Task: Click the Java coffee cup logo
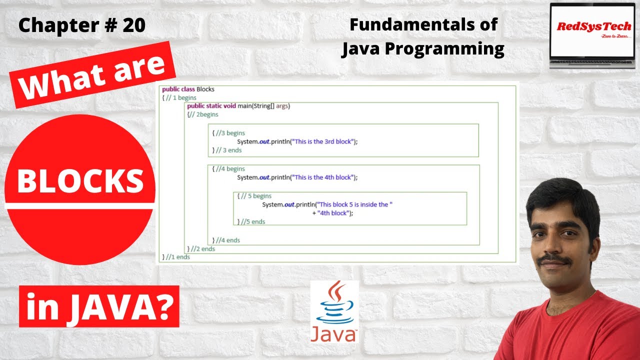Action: (x=334, y=311)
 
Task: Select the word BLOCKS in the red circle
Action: (x=80, y=181)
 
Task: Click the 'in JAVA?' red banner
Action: (x=99, y=306)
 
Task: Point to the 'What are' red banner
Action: (x=93, y=75)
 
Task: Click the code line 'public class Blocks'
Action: (x=188, y=89)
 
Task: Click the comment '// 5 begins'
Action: (x=256, y=196)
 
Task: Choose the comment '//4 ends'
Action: (x=228, y=240)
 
